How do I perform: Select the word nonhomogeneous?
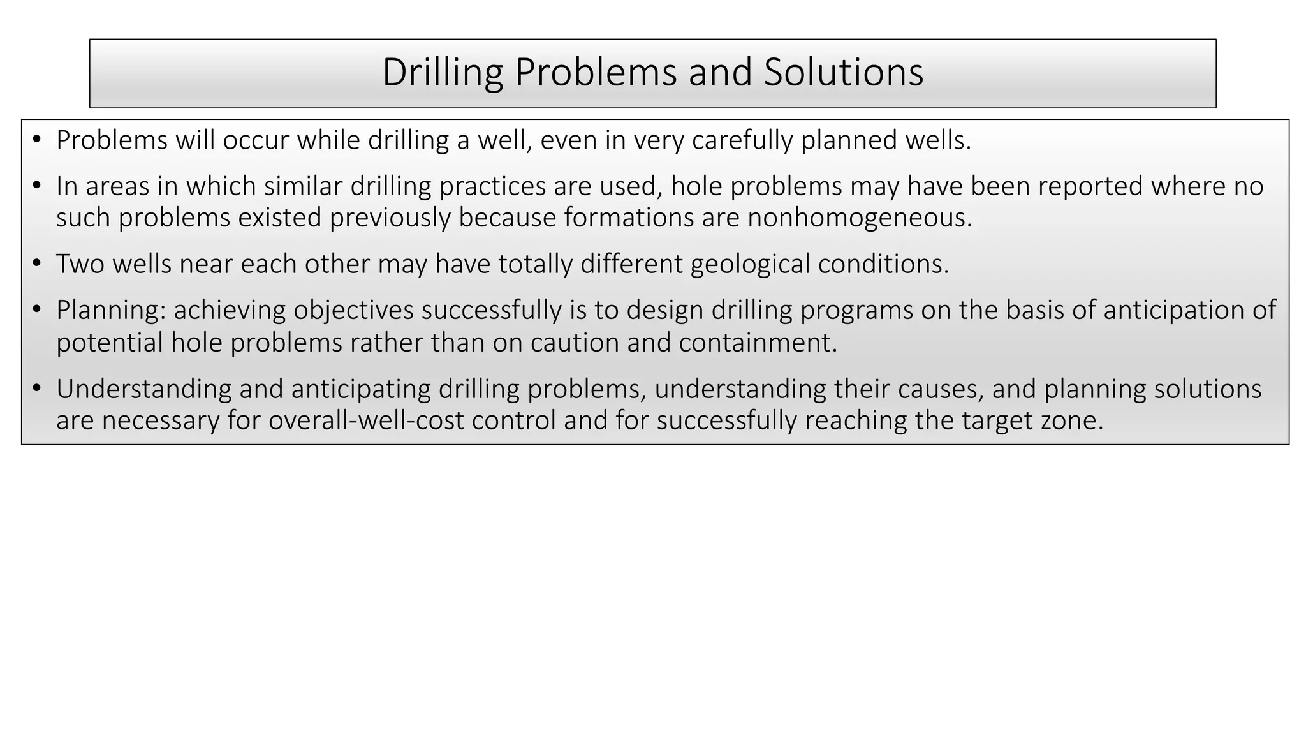tap(860, 218)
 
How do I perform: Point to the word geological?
tap(750, 264)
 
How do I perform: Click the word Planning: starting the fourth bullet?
tap(111, 311)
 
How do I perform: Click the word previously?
tap(390, 218)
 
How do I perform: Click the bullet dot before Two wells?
tap(36, 264)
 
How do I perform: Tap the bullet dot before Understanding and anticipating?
tap(36, 389)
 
